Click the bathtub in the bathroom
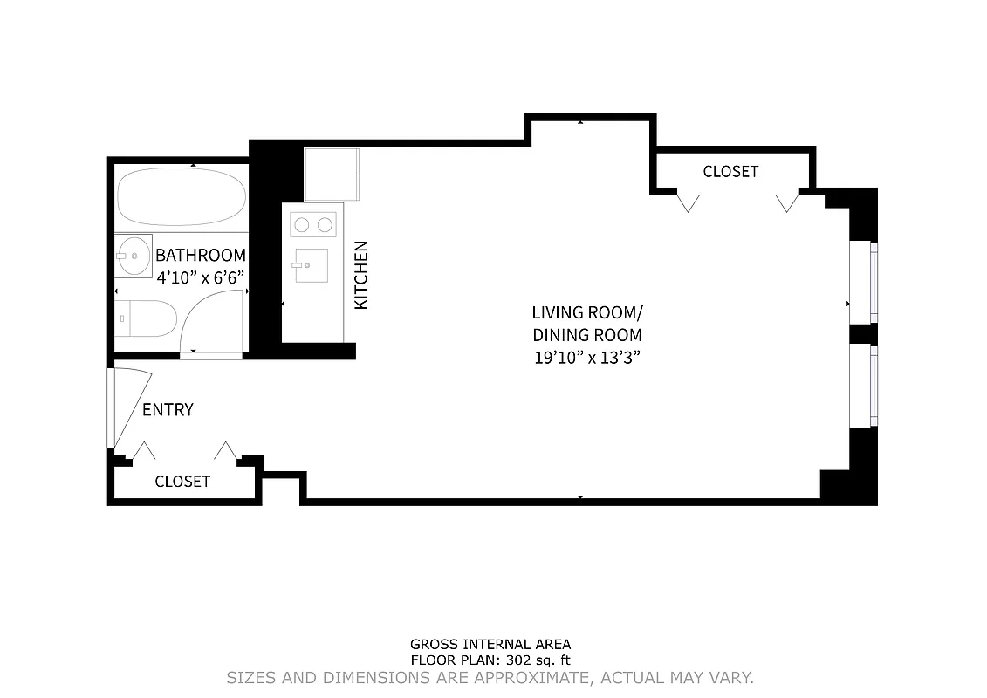182,196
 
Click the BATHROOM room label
201,256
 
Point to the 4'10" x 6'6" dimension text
200,277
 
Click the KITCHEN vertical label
361,275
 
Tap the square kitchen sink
310,265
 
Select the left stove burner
302,225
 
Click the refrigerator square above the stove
331,174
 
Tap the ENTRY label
168,410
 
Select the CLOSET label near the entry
182,482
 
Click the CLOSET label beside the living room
730,172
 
